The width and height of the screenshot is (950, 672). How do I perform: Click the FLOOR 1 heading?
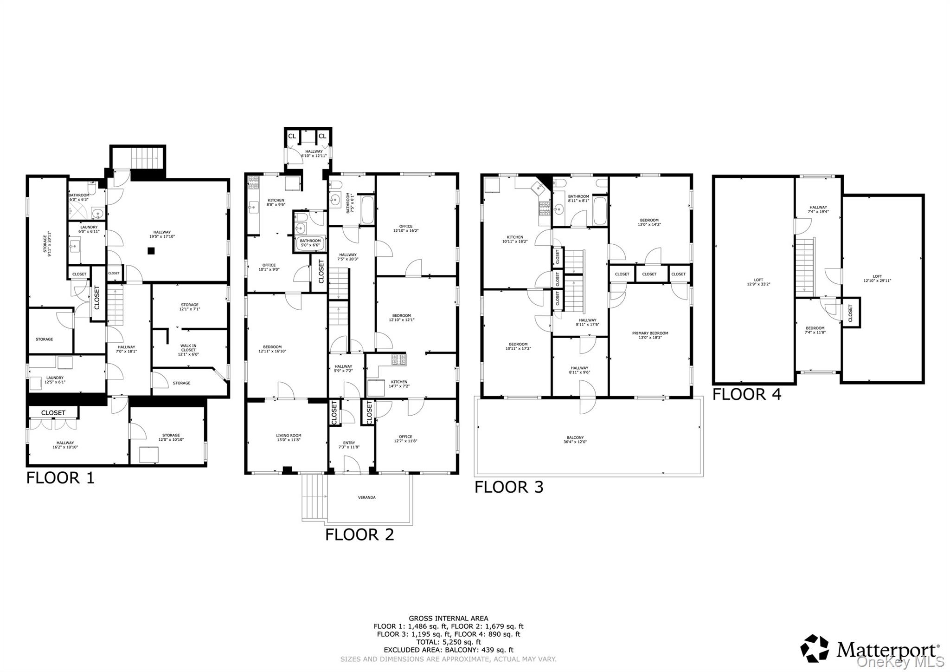point(60,478)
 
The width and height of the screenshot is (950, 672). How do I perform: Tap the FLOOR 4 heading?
point(747,394)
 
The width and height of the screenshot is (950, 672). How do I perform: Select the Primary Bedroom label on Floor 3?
point(650,335)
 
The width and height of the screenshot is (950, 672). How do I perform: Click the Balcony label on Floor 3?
point(575,439)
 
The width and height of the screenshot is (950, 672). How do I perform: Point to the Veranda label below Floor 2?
point(366,497)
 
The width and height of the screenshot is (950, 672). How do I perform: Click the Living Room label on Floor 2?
point(289,437)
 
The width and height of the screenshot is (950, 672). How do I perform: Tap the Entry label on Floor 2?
point(349,444)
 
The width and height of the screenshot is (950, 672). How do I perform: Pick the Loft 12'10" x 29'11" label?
point(877,278)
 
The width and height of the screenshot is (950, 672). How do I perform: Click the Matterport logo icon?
point(815,648)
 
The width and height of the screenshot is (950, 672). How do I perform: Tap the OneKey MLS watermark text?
point(900,661)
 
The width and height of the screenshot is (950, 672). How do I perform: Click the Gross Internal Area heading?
point(448,618)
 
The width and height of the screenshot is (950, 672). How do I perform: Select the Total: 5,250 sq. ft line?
point(448,642)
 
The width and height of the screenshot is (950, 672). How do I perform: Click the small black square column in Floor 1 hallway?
point(151,251)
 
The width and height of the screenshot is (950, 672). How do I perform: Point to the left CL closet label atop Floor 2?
point(292,136)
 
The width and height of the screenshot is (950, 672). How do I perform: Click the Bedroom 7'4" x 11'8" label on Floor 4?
point(815,330)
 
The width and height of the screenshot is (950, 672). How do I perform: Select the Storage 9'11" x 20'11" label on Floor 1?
point(47,244)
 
